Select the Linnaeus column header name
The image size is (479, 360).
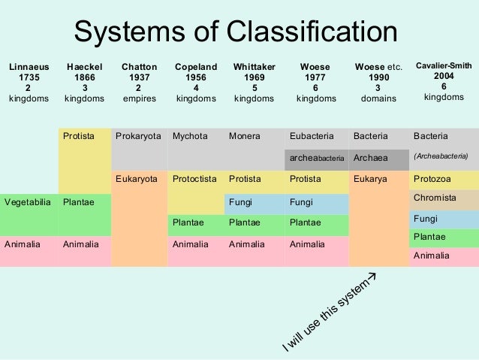pyautogui.click(x=29, y=67)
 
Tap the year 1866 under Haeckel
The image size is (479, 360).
pyautogui.click(x=84, y=77)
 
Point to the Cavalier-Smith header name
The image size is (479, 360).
pyautogui.click(x=444, y=66)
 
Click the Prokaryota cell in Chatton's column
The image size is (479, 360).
pyautogui.click(x=138, y=137)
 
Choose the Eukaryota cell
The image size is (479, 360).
pyautogui.click(x=137, y=180)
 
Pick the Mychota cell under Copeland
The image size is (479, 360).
pyautogui.click(x=189, y=137)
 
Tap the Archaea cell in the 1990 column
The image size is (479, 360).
pyautogui.click(x=370, y=158)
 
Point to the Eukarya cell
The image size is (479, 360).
pyautogui.click(x=370, y=180)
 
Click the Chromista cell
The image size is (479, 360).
pyautogui.click(x=435, y=198)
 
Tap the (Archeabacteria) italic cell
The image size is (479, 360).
pyautogui.click(x=441, y=157)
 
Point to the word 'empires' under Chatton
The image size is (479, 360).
pyautogui.click(x=138, y=98)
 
